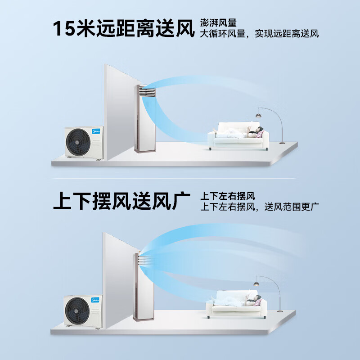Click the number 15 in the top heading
(64, 28)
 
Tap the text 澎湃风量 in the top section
(218, 23)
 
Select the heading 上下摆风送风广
(121, 201)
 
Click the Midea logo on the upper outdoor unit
(96, 131)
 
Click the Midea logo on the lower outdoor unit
(95, 300)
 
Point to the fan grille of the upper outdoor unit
(78, 142)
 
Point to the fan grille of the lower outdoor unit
(77, 310)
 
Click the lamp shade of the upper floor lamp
(259, 115)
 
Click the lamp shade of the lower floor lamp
(256, 284)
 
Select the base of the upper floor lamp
(282, 143)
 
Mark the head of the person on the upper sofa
(260, 129)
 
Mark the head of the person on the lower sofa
(258, 298)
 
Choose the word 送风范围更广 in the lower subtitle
(292, 207)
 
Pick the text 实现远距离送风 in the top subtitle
(287, 33)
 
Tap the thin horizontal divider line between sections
(174, 178)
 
